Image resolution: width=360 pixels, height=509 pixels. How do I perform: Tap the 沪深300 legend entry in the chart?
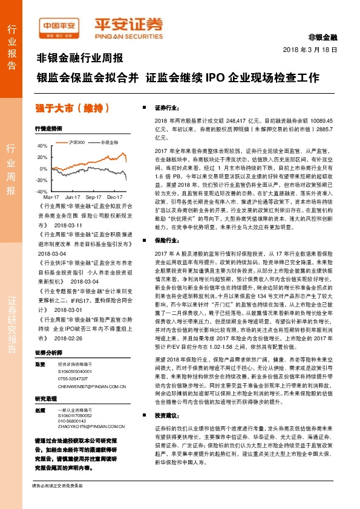(x=76, y=141)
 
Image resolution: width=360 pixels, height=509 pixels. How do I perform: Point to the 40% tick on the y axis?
(x=42, y=146)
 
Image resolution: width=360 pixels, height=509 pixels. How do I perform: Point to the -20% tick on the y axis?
(x=41, y=180)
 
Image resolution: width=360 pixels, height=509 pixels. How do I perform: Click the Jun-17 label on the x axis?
(x=73, y=197)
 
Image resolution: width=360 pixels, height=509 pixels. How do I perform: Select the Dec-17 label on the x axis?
(x=115, y=197)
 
